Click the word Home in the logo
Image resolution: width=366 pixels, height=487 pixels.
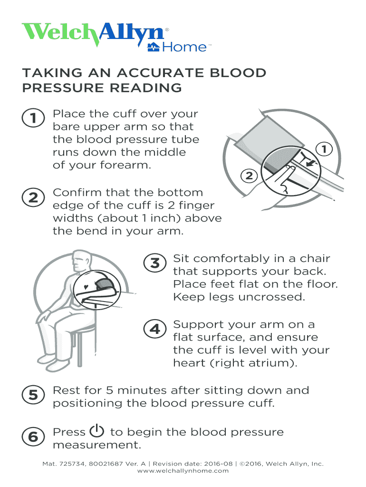click(184, 47)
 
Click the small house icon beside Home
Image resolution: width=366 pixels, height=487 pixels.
click(154, 47)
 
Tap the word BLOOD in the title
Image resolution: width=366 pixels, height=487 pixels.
click(238, 73)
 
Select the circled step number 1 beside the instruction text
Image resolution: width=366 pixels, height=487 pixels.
click(33, 118)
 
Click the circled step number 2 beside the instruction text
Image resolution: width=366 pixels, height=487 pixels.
click(33, 197)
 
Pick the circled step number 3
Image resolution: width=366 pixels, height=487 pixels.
click(155, 263)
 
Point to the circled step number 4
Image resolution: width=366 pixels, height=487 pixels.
click(155, 329)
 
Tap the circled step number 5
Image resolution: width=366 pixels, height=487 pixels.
click(33, 395)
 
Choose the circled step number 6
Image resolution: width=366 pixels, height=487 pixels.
click(33, 437)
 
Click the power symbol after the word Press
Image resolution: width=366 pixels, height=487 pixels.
click(96, 431)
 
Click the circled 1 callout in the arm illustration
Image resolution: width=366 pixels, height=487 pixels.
click(324, 149)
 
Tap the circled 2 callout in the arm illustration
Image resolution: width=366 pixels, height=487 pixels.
click(249, 176)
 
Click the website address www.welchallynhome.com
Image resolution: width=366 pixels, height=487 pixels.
click(183, 471)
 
